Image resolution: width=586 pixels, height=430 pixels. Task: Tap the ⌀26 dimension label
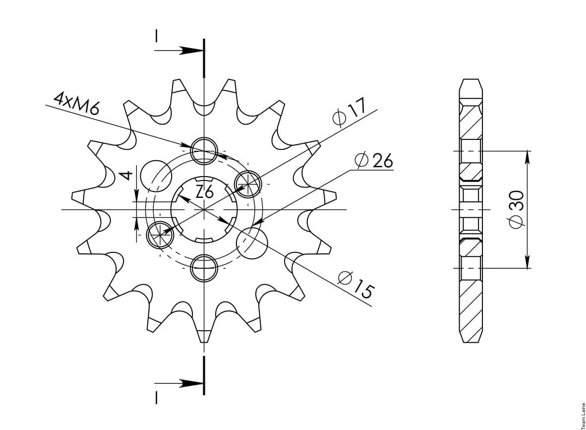click(374, 160)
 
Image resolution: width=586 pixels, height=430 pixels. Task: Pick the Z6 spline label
click(204, 192)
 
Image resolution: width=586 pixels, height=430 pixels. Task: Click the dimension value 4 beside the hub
click(127, 175)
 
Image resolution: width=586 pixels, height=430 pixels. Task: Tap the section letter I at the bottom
click(156, 397)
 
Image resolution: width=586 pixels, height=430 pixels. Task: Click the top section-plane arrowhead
click(191, 51)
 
